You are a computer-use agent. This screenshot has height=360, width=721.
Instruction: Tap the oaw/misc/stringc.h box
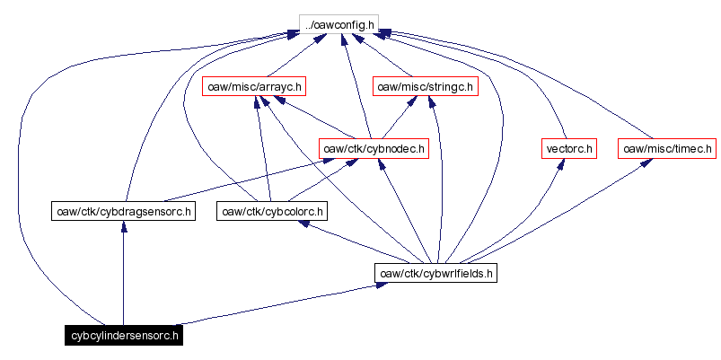click(425, 86)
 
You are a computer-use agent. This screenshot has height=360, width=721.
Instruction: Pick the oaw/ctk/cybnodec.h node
click(374, 148)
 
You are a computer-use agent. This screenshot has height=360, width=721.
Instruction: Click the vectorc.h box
click(569, 148)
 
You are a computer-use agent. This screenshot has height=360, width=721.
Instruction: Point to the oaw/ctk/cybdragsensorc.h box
click(123, 211)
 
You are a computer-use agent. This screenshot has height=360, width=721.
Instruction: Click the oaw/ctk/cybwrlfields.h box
click(436, 273)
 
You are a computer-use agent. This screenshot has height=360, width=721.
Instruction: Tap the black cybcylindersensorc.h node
click(123, 336)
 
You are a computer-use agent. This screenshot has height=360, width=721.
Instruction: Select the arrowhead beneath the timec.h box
click(645, 163)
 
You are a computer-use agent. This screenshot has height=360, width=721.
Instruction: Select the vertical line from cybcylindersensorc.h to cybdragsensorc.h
click(123, 278)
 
